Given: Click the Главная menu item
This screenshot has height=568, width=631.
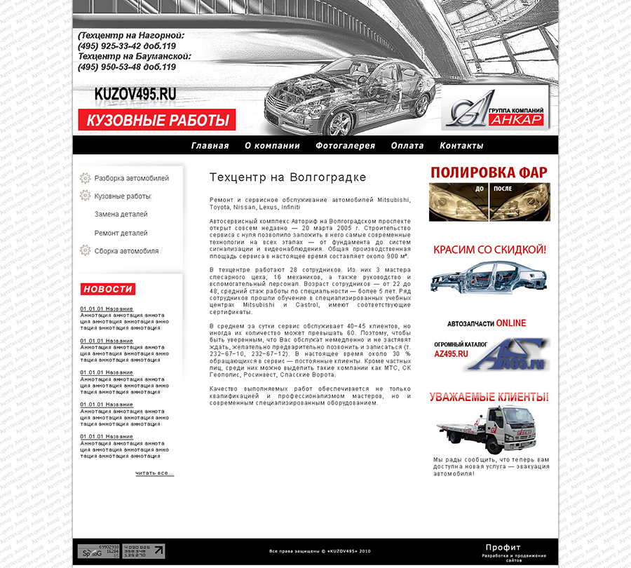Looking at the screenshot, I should [x=210, y=146].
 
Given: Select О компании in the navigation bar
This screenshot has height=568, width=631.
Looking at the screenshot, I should [x=272, y=146].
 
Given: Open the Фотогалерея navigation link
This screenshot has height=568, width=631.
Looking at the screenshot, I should [x=345, y=146].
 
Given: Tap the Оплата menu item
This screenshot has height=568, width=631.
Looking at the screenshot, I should [x=407, y=146].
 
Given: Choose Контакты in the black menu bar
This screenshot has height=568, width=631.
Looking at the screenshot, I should [x=461, y=146].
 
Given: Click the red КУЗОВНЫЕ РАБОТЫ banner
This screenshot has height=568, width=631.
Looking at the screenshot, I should [x=157, y=120].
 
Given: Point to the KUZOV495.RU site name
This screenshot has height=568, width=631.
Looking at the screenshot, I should [x=135, y=93].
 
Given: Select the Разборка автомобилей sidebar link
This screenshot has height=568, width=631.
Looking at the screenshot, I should [x=132, y=178].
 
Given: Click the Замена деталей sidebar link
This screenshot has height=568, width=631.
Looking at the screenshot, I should [x=121, y=215].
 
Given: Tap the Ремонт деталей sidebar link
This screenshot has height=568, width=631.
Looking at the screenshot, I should [x=121, y=233].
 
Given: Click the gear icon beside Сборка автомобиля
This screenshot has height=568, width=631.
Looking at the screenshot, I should [x=86, y=250].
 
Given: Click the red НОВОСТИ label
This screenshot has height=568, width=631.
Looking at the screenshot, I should [x=107, y=289].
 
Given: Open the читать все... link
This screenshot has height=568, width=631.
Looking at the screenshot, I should [x=154, y=473].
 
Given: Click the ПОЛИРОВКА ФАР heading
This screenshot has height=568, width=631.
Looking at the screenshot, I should [x=489, y=173].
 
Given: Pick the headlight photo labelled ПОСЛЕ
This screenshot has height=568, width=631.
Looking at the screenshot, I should [x=520, y=203].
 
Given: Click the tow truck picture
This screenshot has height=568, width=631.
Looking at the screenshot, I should [x=478, y=428].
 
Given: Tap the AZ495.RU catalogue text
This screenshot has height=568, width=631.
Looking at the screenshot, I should [x=451, y=354].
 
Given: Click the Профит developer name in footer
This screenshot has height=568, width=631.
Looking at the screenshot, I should [x=503, y=548].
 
